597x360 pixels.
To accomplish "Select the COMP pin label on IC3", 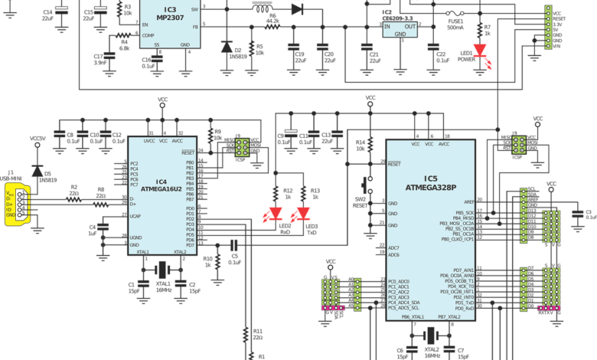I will coord(147,35).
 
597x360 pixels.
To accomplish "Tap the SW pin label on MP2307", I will coord(194,9).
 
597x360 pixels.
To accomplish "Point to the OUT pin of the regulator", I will coord(410,26).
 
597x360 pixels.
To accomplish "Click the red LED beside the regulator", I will coord(481,52).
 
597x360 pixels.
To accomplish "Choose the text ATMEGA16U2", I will coord(161,188).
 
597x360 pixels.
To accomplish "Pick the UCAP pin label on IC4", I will coord(135,218).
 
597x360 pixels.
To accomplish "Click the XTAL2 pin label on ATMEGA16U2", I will coord(180,252).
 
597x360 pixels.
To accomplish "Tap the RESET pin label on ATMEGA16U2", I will coord(188,152).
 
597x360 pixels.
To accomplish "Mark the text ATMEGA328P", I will coord(430,187).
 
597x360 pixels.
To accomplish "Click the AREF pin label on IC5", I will coord(468,202).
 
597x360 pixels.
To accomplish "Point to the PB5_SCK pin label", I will coord(464,213).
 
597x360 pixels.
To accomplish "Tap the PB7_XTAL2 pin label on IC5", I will coord(449,317).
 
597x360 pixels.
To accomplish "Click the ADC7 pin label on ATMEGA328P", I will coord(394,248).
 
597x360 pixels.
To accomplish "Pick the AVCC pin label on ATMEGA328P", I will coord(444,144).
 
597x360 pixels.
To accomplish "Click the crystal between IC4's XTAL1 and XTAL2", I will coord(161,270).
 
